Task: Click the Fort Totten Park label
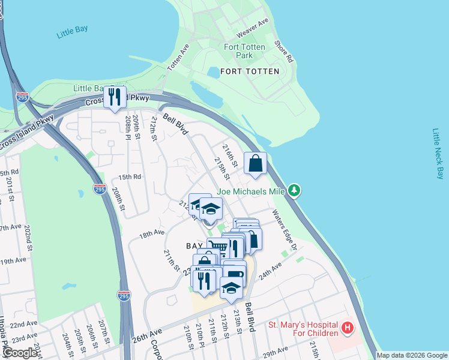pyautogui.click(x=246, y=51)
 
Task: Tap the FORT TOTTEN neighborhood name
pyautogui.click(x=250, y=71)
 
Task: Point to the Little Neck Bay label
pyautogui.click(x=437, y=153)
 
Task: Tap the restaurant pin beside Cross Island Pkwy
pyautogui.click(x=115, y=98)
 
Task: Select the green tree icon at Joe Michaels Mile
pyautogui.click(x=294, y=191)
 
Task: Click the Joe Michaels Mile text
pyautogui.click(x=252, y=191)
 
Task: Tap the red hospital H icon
pyautogui.click(x=347, y=328)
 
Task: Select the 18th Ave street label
pyautogui.click(x=151, y=233)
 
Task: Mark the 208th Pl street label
pyautogui.click(x=128, y=127)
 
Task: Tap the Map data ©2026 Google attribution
pyautogui.click(x=411, y=355)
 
